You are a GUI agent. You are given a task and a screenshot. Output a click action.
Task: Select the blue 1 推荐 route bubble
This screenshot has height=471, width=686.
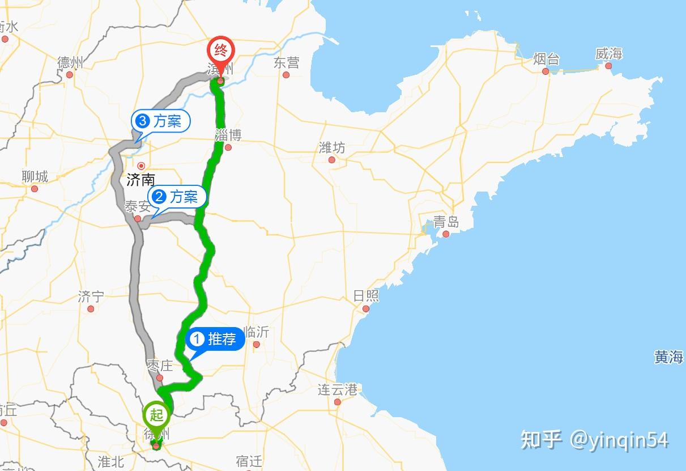click(215, 340)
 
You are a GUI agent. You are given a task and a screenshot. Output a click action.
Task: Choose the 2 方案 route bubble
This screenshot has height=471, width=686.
click(176, 197)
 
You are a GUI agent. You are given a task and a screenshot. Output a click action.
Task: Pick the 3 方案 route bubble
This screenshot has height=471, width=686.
click(160, 121)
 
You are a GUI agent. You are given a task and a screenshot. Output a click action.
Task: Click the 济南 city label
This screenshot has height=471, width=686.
click(140, 180)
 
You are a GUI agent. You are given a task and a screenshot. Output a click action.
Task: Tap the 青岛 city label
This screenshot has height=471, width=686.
click(446, 222)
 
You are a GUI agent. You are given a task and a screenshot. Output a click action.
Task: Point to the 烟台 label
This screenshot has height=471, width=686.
click(546, 59)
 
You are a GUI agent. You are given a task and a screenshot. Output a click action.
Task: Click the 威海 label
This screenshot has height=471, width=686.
click(608, 54)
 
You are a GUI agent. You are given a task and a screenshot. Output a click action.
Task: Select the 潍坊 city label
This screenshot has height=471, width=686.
click(331, 148)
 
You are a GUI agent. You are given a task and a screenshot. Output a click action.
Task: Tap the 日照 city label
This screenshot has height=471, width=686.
click(366, 296)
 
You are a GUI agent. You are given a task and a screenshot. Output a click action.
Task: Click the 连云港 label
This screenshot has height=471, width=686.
click(337, 390)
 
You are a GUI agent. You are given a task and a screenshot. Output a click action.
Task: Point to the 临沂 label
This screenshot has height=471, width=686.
click(255, 332)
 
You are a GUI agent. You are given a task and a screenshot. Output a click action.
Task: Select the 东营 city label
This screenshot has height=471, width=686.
click(286, 62)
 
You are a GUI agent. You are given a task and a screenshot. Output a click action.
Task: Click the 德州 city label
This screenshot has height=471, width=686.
click(70, 62)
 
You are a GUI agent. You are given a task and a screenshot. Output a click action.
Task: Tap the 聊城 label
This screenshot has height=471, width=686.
click(35, 177)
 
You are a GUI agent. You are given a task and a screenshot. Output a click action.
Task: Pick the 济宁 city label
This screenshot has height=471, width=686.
click(91, 296)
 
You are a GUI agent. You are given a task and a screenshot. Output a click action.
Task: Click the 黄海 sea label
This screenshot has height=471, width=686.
click(668, 357)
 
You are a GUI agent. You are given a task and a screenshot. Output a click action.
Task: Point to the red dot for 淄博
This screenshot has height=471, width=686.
click(228, 147)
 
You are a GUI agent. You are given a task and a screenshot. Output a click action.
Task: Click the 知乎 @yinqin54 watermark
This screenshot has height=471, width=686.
click(594, 440)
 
